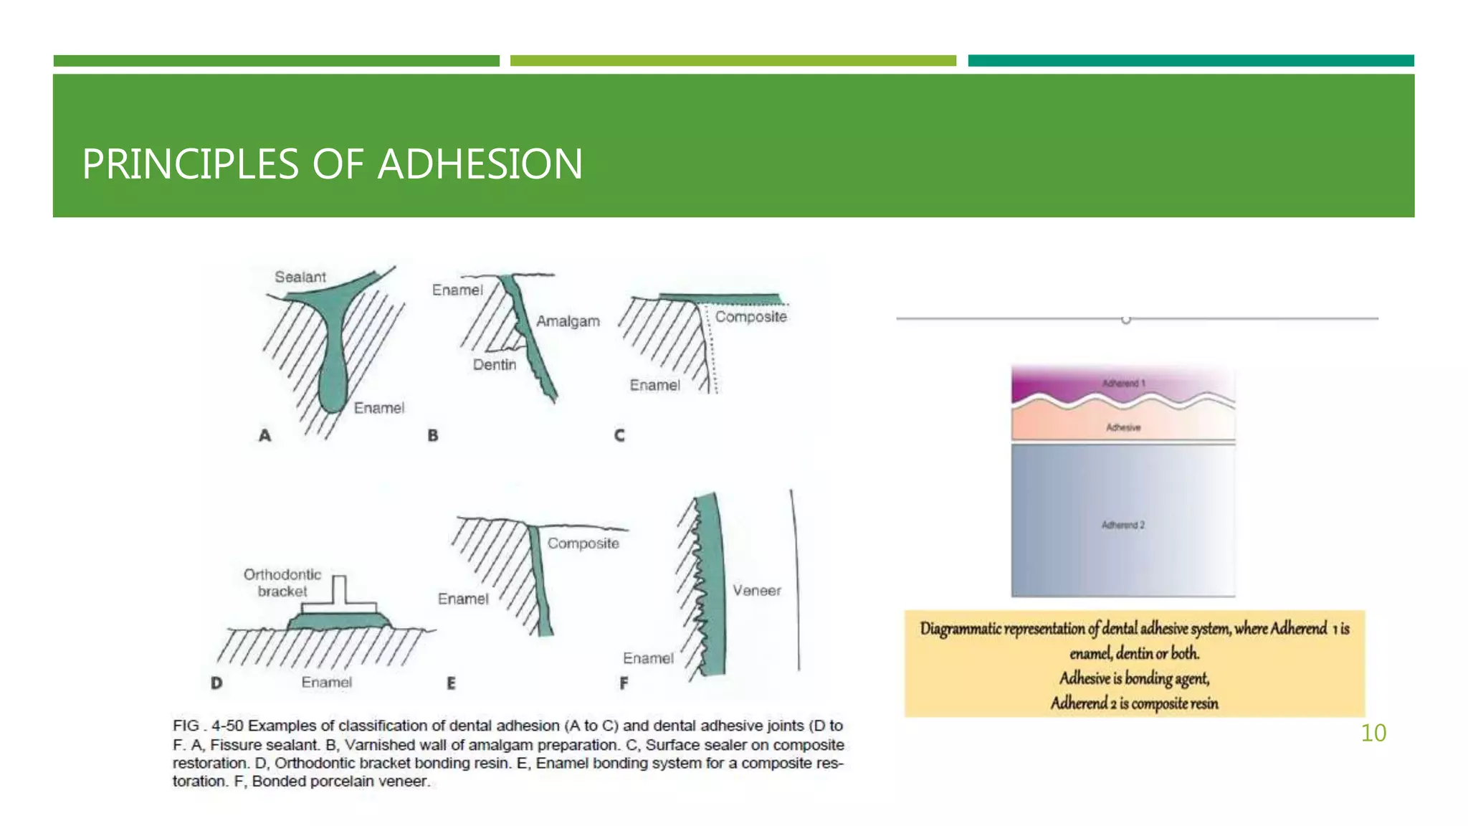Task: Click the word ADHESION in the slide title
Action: pos(480,163)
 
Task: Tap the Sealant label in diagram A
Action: pos(300,277)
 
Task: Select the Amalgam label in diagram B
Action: pos(568,321)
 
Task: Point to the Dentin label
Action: pos(494,365)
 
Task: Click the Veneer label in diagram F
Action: pos(756,591)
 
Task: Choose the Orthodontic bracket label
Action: pos(282,583)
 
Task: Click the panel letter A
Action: pos(265,435)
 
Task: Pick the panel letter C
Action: pos(619,435)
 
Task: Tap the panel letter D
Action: pos(216,683)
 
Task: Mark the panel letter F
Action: pos(624,683)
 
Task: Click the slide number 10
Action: pos(1373,733)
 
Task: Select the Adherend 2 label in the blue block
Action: pos(1123,526)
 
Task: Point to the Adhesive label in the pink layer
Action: pos(1123,428)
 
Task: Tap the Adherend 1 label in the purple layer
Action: pos(1123,384)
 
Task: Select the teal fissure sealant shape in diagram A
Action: pos(331,344)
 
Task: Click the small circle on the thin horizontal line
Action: pos(1125,320)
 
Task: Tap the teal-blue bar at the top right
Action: pos(1191,61)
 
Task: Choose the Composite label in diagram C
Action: pos(750,317)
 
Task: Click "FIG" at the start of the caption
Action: pos(186,726)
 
